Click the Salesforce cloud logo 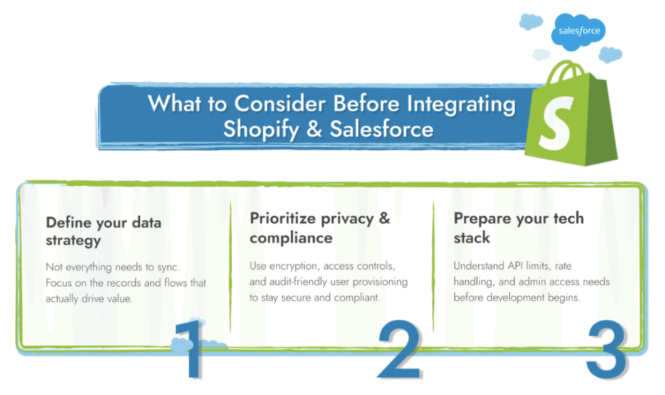point(579,31)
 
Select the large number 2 point(399,349)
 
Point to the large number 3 point(607,349)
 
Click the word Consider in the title point(280,103)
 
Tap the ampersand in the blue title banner point(314,129)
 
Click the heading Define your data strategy point(103,231)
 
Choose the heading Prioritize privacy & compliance point(320,228)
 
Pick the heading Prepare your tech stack point(519,228)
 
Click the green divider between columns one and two point(231,266)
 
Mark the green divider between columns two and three point(434,266)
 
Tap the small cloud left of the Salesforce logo point(530,21)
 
